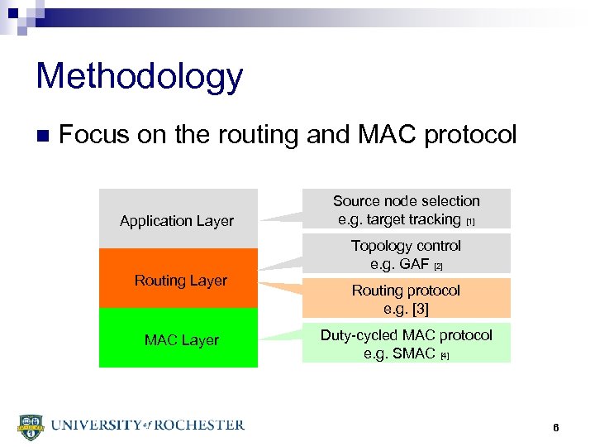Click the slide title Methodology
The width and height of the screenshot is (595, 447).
click(x=140, y=76)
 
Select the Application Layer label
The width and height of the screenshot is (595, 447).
click(x=177, y=221)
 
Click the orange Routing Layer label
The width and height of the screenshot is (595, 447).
click(x=180, y=281)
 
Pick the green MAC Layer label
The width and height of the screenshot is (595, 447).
click(x=181, y=340)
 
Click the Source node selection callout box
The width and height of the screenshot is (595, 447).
click(x=406, y=209)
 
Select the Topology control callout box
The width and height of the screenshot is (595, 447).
click(x=406, y=254)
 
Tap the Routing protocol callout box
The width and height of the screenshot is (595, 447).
click(x=406, y=299)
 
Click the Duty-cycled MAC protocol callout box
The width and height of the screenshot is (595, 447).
click(x=406, y=344)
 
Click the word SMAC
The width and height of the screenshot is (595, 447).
click(x=413, y=354)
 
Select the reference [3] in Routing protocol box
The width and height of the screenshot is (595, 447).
click(x=417, y=310)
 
